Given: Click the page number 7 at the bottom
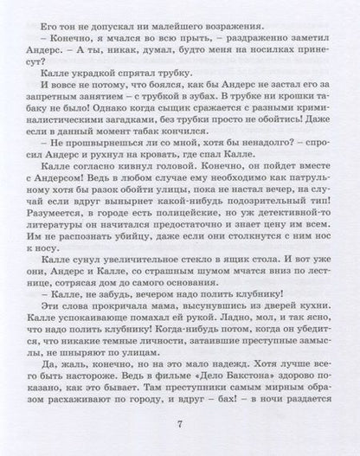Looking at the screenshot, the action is [x=180, y=423].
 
